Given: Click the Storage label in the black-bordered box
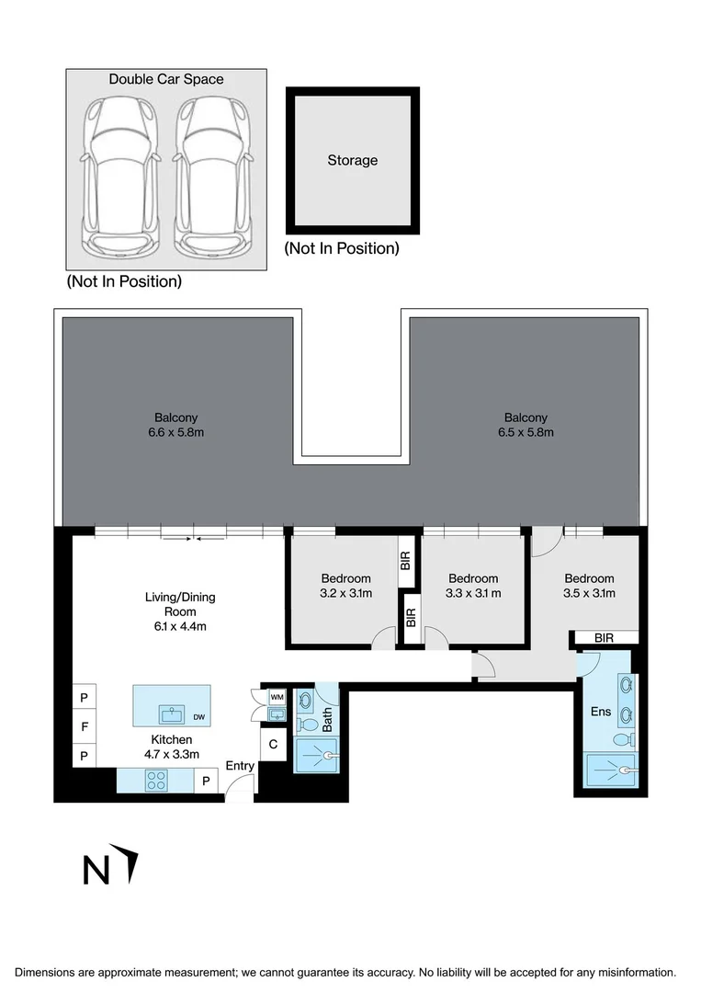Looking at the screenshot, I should tap(353, 161).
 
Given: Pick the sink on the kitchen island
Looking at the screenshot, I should tap(171, 713).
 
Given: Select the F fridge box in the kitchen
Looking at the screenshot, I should tap(84, 726).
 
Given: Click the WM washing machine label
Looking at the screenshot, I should tap(277, 698).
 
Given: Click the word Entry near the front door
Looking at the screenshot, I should tap(240, 766).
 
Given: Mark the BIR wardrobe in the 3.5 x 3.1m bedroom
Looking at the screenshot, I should tap(605, 637).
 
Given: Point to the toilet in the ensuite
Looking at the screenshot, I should tap(625, 739).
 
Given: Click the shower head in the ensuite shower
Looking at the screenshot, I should tap(626, 770).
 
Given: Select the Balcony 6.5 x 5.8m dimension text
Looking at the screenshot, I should tap(525, 432).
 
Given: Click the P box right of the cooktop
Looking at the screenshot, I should tap(206, 782).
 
